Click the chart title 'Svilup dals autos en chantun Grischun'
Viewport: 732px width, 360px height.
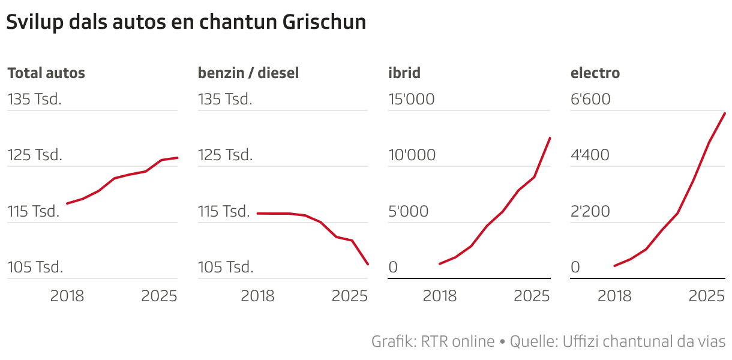tap(186, 23)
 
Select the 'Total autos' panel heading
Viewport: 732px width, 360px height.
tap(46, 73)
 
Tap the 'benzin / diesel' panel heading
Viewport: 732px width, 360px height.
tap(248, 73)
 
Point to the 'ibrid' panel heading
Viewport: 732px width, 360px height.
tap(404, 73)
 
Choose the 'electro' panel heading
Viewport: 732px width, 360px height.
tap(595, 73)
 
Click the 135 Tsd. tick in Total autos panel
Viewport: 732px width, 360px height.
tap(35, 99)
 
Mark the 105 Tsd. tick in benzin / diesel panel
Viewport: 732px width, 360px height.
tap(226, 267)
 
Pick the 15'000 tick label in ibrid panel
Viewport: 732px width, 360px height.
tap(412, 99)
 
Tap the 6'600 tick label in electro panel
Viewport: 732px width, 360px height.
tap(590, 99)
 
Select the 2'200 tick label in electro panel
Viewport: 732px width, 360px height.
tap(590, 211)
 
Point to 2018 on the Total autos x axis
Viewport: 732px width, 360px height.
tap(67, 296)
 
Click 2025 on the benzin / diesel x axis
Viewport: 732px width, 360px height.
tap(349, 296)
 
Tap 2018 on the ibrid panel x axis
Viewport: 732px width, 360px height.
tap(440, 296)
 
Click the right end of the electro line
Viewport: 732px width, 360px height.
tap(725, 113)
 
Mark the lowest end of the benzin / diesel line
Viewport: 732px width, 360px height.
tap(368, 264)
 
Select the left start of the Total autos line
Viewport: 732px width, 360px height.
tap(67, 203)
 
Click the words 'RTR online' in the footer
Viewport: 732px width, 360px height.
tap(458, 341)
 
